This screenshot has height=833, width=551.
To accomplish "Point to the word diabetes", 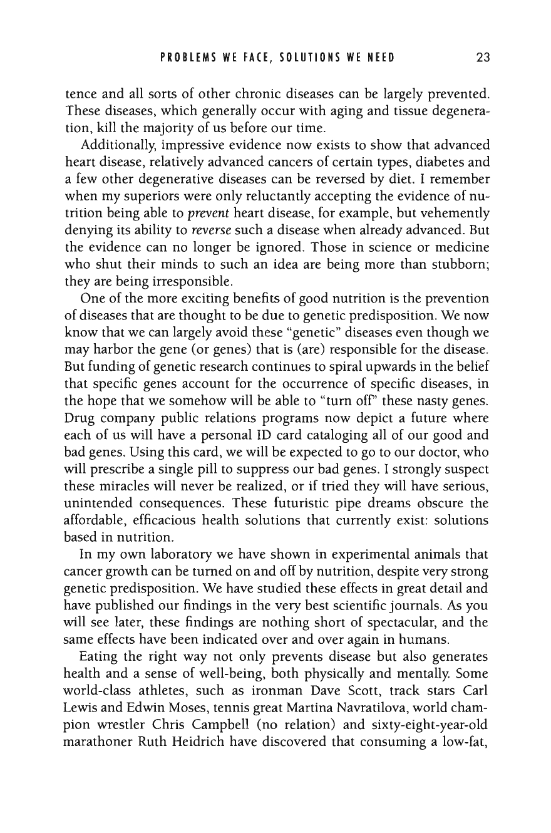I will point(437,162).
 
